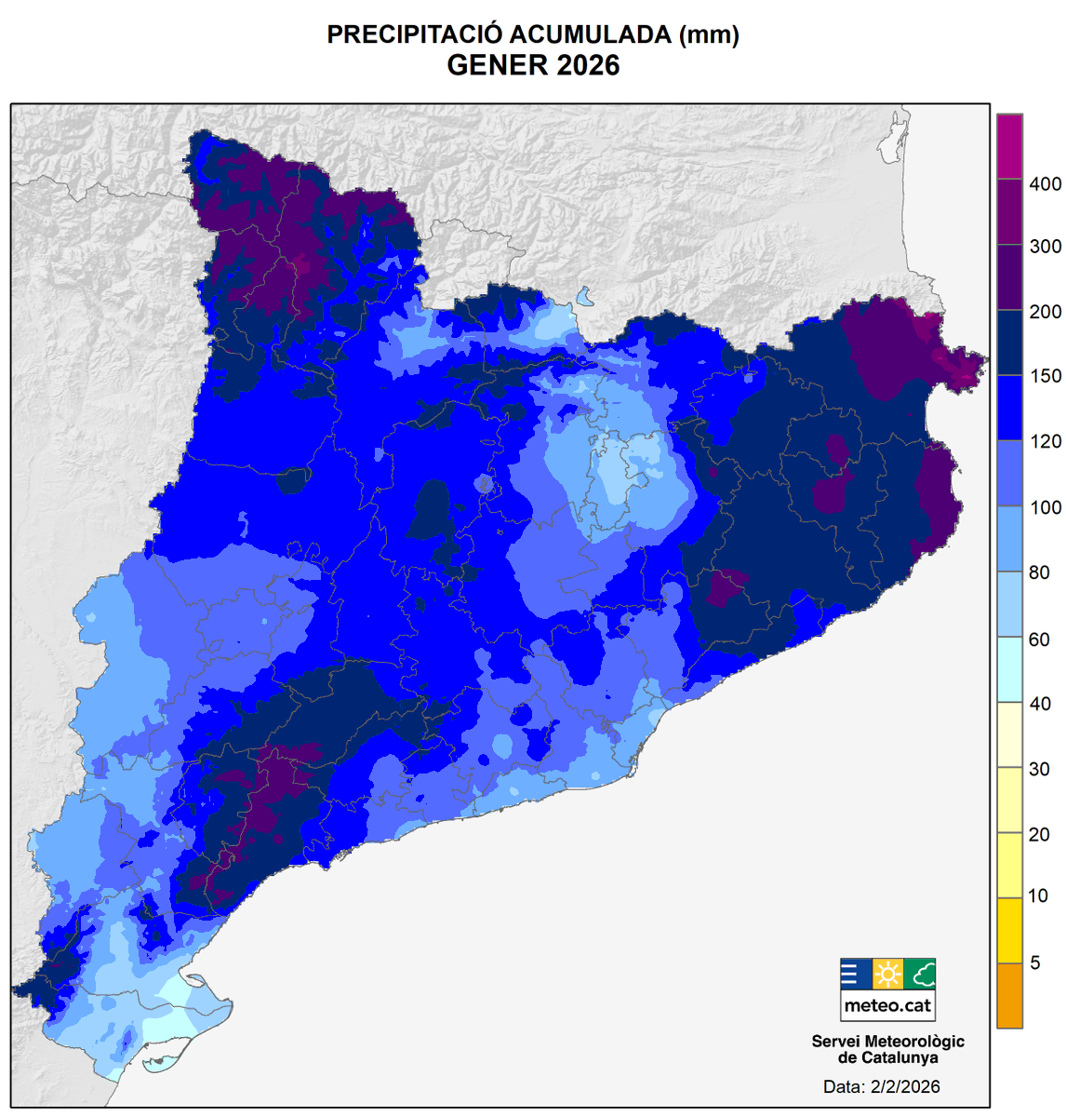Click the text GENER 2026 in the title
pyautogui.click(x=533, y=66)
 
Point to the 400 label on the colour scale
pyautogui.click(x=1045, y=184)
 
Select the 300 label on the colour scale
pyautogui.click(x=1045, y=247)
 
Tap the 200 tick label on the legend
pyautogui.click(x=1045, y=312)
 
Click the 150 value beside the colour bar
pyautogui.click(x=1045, y=377)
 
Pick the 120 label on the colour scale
pyautogui.click(x=1045, y=442)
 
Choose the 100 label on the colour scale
pyautogui.click(x=1045, y=508)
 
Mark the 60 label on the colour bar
pyautogui.click(x=1039, y=639)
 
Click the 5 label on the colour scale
pyautogui.click(x=1035, y=963)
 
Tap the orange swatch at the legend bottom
pyautogui.click(x=1009, y=995)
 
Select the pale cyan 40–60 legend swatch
pyautogui.click(x=1009, y=669)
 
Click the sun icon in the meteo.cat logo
pyautogui.click(x=887, y=975)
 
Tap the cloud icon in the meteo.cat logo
pyautogui.click(x=920, y=975)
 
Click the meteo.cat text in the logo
pyautogui.click(x=887, y=1005)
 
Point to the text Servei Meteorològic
pyautogui.click(x=887, y=1042)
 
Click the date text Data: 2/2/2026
pyautogui.click(x=881, y=1086)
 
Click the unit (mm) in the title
pyautogui.click(x=709, y=35)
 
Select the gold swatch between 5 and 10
pyautogui.click(x=1009, y=930)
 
